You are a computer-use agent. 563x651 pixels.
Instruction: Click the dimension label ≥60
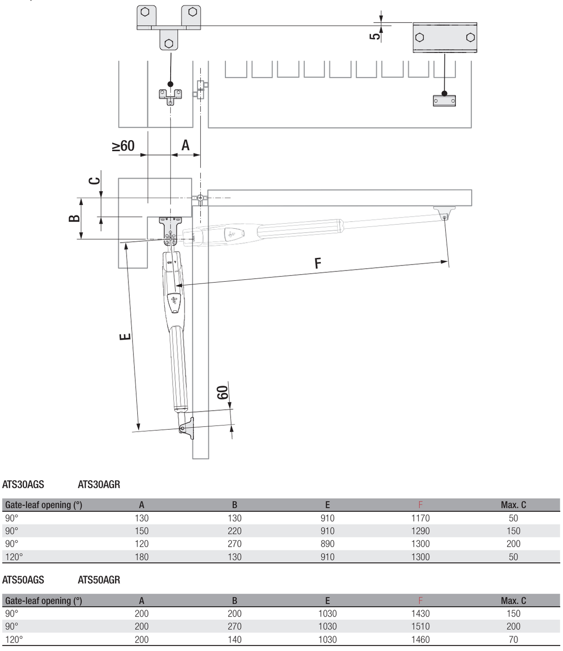point(123,146)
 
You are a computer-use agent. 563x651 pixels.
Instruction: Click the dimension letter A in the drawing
point(186,145)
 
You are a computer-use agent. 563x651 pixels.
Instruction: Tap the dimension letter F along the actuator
point(318,264)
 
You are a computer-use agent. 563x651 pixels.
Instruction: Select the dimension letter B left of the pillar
point(74,218)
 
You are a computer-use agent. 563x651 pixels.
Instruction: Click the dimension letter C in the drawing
point(95,180)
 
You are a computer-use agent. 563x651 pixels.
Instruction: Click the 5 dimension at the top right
point(375,34)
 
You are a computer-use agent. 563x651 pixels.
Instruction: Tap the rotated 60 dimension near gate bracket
point(223,393)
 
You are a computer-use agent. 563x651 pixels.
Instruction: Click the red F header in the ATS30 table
point(420,505)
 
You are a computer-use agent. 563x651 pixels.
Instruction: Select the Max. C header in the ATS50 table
point(513,600)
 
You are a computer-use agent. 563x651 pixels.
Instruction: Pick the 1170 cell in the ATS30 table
point(420,518)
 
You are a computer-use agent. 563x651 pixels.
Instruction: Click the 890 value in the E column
point(327,543)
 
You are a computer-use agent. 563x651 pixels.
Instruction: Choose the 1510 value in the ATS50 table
point(420,626)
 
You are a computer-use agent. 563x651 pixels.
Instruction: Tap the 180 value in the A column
point(141,556)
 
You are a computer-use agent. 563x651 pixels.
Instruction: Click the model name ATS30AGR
point(99,484)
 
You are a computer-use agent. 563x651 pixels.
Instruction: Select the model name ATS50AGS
point(23,580)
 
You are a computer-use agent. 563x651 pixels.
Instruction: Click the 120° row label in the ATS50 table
point(14,639)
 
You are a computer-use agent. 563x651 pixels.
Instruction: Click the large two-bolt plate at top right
point(445,38)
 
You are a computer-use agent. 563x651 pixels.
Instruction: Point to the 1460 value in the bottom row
point(420,639)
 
